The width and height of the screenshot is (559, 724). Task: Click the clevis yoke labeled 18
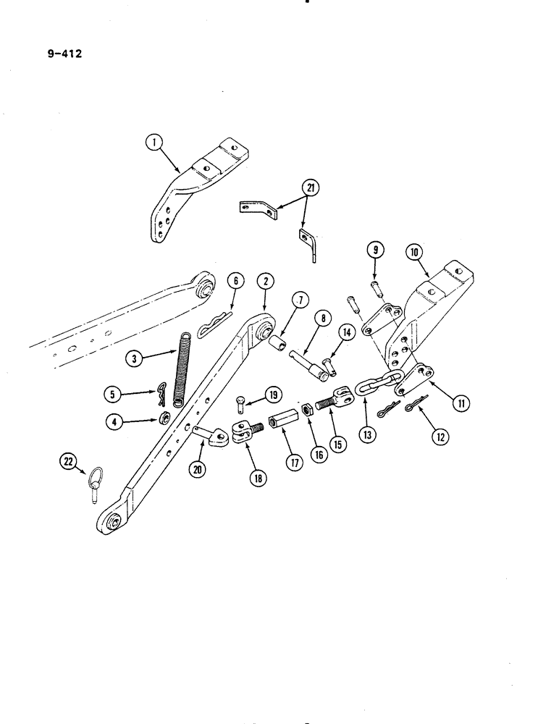(242, 434)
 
